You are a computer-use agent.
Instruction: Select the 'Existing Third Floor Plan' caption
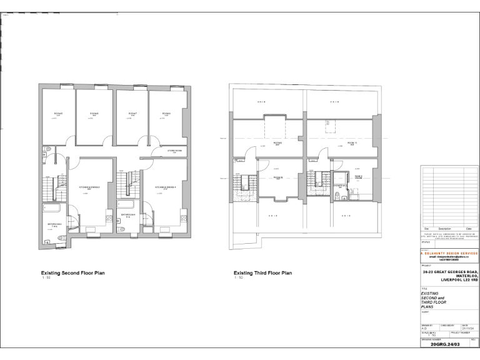click(262, 273)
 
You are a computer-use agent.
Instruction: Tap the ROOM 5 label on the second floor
click(58, 114)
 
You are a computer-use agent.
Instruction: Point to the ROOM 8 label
click(166, 114)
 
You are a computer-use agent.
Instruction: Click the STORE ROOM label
click(175, 151)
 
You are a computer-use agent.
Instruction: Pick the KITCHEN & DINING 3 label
click(89, 187)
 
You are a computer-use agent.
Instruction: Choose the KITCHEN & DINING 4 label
click(166, 187)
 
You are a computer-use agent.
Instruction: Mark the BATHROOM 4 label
click(128, 216)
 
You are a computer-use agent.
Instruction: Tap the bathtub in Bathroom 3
click(52, 209)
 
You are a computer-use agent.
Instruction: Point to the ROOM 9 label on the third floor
click(277, 142)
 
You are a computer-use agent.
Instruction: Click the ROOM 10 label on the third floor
click(278, 177)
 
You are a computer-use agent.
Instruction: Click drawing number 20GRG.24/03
click(445, 344)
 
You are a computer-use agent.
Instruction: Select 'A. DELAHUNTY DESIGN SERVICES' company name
click(449, 253)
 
